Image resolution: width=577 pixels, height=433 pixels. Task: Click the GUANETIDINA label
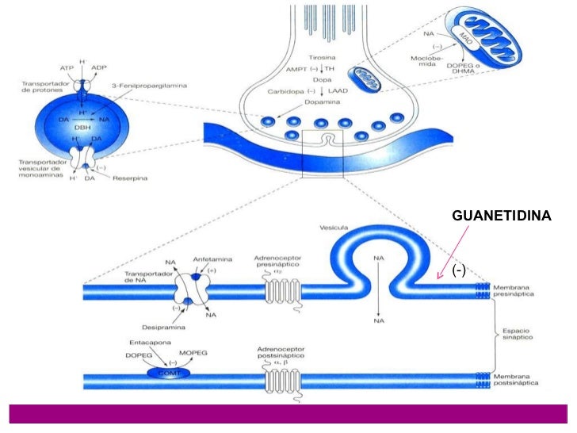500,215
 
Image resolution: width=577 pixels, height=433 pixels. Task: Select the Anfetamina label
209,259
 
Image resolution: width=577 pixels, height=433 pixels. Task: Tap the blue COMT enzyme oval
168,371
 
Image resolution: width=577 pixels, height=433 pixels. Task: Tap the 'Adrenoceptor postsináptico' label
285,352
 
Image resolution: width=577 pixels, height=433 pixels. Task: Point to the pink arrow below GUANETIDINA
451,251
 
